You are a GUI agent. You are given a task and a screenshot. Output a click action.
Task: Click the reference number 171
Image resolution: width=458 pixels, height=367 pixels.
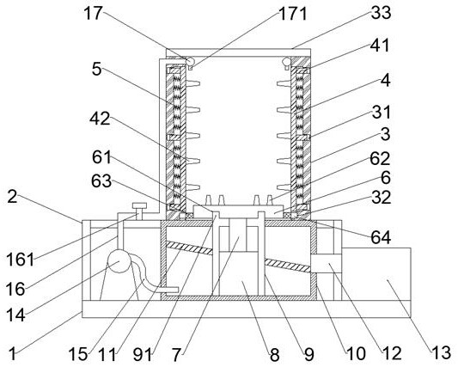293,14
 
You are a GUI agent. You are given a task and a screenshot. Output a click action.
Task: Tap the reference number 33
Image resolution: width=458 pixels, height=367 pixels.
381,12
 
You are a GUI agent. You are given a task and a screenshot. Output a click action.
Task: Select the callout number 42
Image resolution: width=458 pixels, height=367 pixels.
100,119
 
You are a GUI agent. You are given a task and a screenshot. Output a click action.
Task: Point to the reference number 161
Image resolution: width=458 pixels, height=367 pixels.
20,259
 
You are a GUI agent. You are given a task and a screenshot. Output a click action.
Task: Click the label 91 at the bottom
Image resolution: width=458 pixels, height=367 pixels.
143,354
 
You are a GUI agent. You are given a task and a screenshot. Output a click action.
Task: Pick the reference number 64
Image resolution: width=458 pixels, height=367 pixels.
381,237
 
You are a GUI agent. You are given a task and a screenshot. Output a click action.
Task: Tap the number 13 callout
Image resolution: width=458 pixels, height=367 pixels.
442,352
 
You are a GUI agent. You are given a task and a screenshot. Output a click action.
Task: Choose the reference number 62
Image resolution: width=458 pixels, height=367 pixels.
380,159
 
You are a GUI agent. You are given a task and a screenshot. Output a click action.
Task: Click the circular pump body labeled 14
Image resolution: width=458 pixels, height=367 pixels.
119,260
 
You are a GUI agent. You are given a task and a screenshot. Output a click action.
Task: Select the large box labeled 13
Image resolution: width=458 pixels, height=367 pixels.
376,274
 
